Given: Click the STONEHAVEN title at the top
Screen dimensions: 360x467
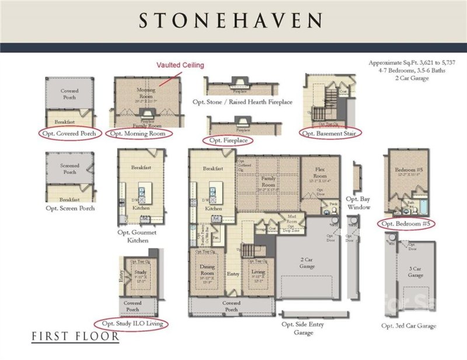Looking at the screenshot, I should point(231,21).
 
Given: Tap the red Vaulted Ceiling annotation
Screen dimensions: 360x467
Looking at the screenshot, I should point(180,65).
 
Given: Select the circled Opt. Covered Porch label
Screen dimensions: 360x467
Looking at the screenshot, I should point(71,134).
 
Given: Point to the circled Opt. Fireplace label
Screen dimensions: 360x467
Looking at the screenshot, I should point(228,141).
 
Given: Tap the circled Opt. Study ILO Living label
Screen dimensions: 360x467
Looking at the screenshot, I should point(132,323).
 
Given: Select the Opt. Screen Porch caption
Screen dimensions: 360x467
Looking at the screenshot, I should point(70,208).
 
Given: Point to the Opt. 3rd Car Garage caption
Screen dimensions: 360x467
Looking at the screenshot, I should point(409,326).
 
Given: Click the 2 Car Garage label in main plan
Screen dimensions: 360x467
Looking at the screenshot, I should point(307,263).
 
